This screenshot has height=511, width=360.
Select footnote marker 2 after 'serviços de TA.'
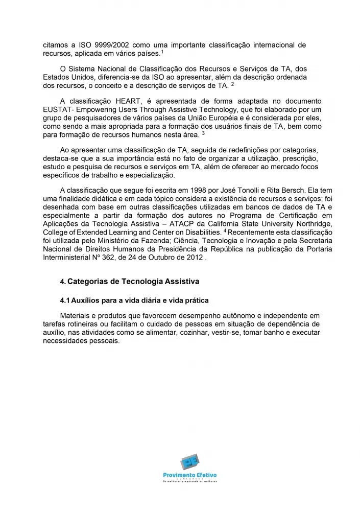tap(232, 83)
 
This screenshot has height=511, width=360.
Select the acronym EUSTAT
tap(57, 109)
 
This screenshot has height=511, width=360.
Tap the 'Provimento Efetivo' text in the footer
tap(190, 476)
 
